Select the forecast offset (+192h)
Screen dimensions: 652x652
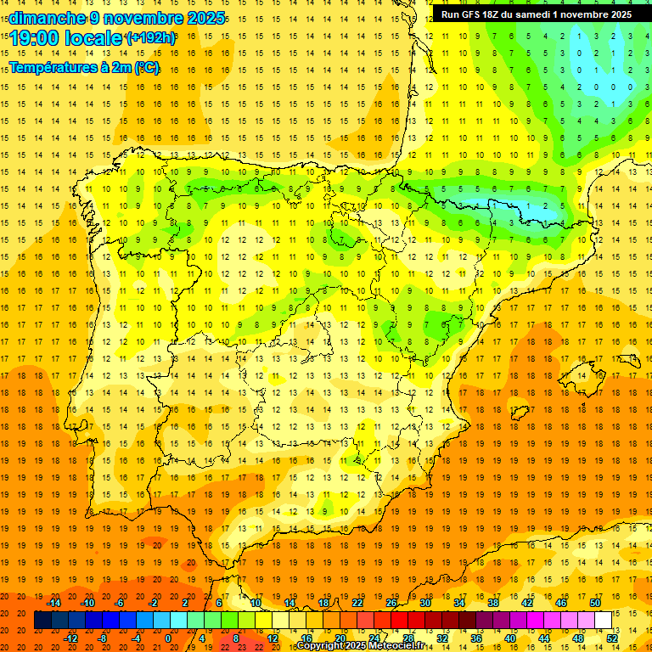(x=150, y=38)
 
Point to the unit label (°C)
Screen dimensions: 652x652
(x=146, y=68)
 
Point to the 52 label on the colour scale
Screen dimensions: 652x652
(x=612, y=638)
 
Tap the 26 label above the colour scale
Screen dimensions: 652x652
(x=391, y=602)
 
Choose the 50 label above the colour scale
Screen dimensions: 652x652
(x=595, y=602)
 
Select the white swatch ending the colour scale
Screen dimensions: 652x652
(x=604, y=620)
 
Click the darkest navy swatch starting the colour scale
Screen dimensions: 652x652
(x=42, y=620)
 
